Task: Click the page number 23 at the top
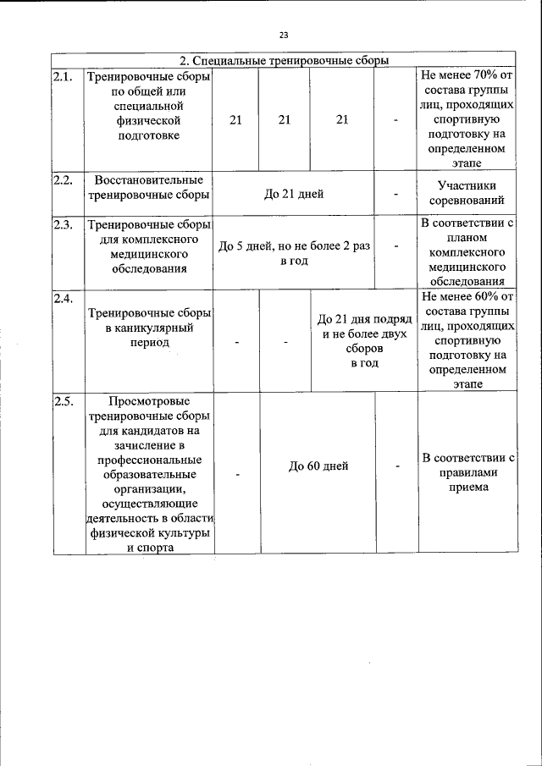pyautogui.click(x=284, y=35)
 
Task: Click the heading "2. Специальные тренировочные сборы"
pyautogui.click(x=285, y=60)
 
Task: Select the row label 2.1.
pyautogui.click(x=63, y=77)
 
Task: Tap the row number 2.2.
pyautogui.click(x=63, y=179)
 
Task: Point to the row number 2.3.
pyautogui.click(x=63, y=224)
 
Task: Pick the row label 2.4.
pyautogui.click(x=63, y=298)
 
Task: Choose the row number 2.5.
pyautogui.click(x=63, y=401)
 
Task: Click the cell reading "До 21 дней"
pyautogui.click(x=293, y=194)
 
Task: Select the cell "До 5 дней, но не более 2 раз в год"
pyautogui.click(x=294, y=254)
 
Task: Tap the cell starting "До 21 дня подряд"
pyautogui.click(x=364, y=341)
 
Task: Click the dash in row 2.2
pyautogui.click(x=395, y=195)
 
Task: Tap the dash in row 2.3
pyautogui.click(x=395, y=246)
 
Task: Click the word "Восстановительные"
pyautogui.click(x=148, y=180)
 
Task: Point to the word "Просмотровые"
pyautogui.click(x=148, y=401)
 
